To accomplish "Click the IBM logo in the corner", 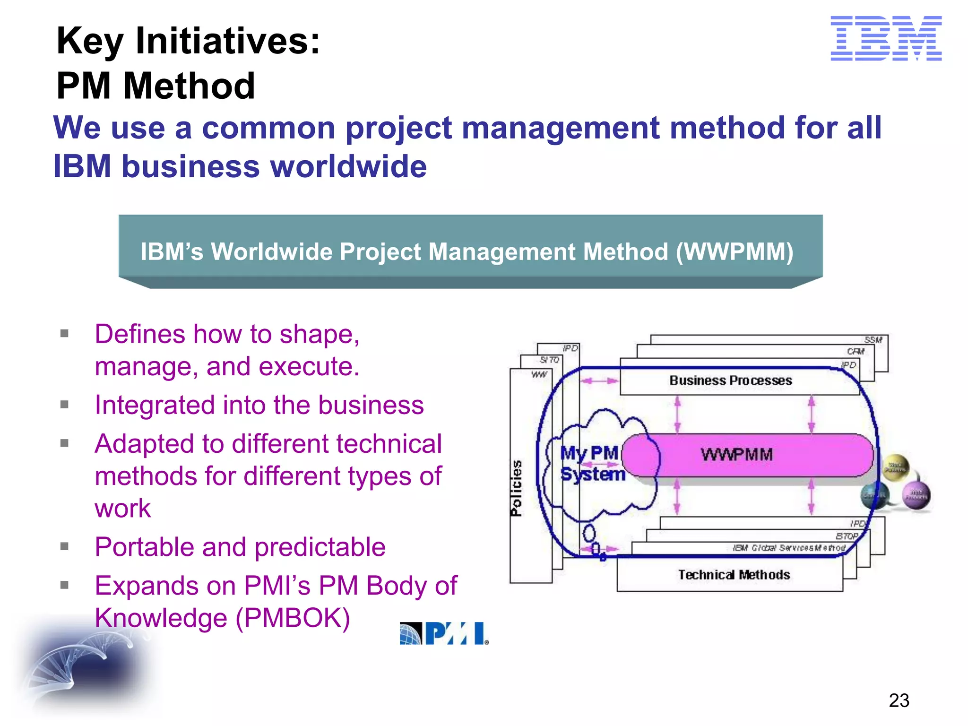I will coord(886,38).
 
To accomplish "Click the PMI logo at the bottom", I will coord(444,633).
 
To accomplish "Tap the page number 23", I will coord(899,700).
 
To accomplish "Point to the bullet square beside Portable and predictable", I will coord(65,546).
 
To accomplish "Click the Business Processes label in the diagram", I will coord(730,380).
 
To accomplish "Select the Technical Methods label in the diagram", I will coord(734,575).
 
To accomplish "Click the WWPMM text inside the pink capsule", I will coord(736,455).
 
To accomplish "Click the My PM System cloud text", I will coord(592,464).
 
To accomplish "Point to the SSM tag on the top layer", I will coord(873,340).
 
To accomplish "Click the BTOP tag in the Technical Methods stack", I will coord(847,536).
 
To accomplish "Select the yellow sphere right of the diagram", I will coord(896,467).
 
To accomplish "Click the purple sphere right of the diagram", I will coord(916,495).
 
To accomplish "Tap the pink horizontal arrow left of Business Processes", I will coord(599,381).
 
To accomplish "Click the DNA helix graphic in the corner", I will coord(83,664).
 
